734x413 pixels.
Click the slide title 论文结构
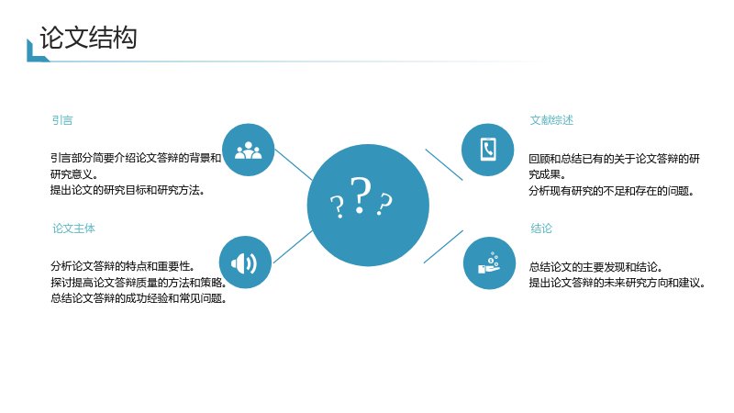point(88,38)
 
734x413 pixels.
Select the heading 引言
point(62,120)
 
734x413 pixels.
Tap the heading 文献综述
point(551,120)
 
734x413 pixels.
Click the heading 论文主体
point(73,229)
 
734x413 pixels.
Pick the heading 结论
point(541,229)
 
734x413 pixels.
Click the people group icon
point(248,151)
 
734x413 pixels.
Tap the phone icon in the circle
point(488,150)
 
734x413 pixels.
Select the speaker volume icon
point(244,263)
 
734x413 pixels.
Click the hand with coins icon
point(489,262)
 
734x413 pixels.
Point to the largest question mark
point(361,195)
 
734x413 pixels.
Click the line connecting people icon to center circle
point(294,164)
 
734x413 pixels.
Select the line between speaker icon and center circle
point(293,247)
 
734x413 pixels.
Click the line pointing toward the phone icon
point(444,164)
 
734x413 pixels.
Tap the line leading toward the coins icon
point(443,247)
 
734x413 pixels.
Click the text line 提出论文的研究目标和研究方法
point(128,190)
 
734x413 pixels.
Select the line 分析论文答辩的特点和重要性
point(123,266)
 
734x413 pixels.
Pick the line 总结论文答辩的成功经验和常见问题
point(139,298)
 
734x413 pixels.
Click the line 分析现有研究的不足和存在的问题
point(611,191)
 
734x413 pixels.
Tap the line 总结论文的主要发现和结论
point(595,267)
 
